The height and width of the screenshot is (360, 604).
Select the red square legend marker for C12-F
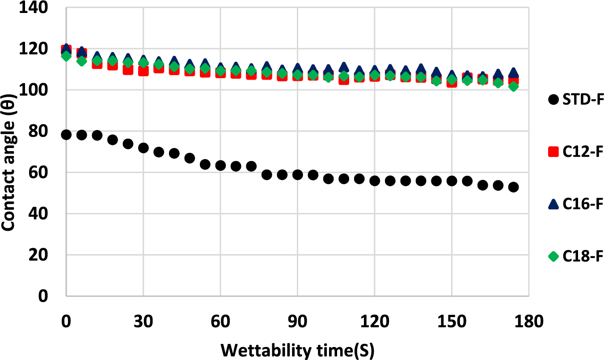(x=554, y=152)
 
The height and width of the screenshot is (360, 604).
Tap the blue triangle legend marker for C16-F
(x=554, y=204)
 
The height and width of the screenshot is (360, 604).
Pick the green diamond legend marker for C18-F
(x=554, y=256)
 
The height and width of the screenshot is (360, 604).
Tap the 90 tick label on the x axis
(x=297, y=321)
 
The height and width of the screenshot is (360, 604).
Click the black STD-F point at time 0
(x=67, y=135)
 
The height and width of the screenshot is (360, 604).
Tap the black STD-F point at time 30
(x=144, y=148)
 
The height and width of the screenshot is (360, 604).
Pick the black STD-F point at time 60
(x=220, y=165)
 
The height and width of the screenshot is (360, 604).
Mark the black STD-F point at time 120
(x=375, y=181)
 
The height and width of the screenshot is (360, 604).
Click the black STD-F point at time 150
(x=452, y=181)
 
